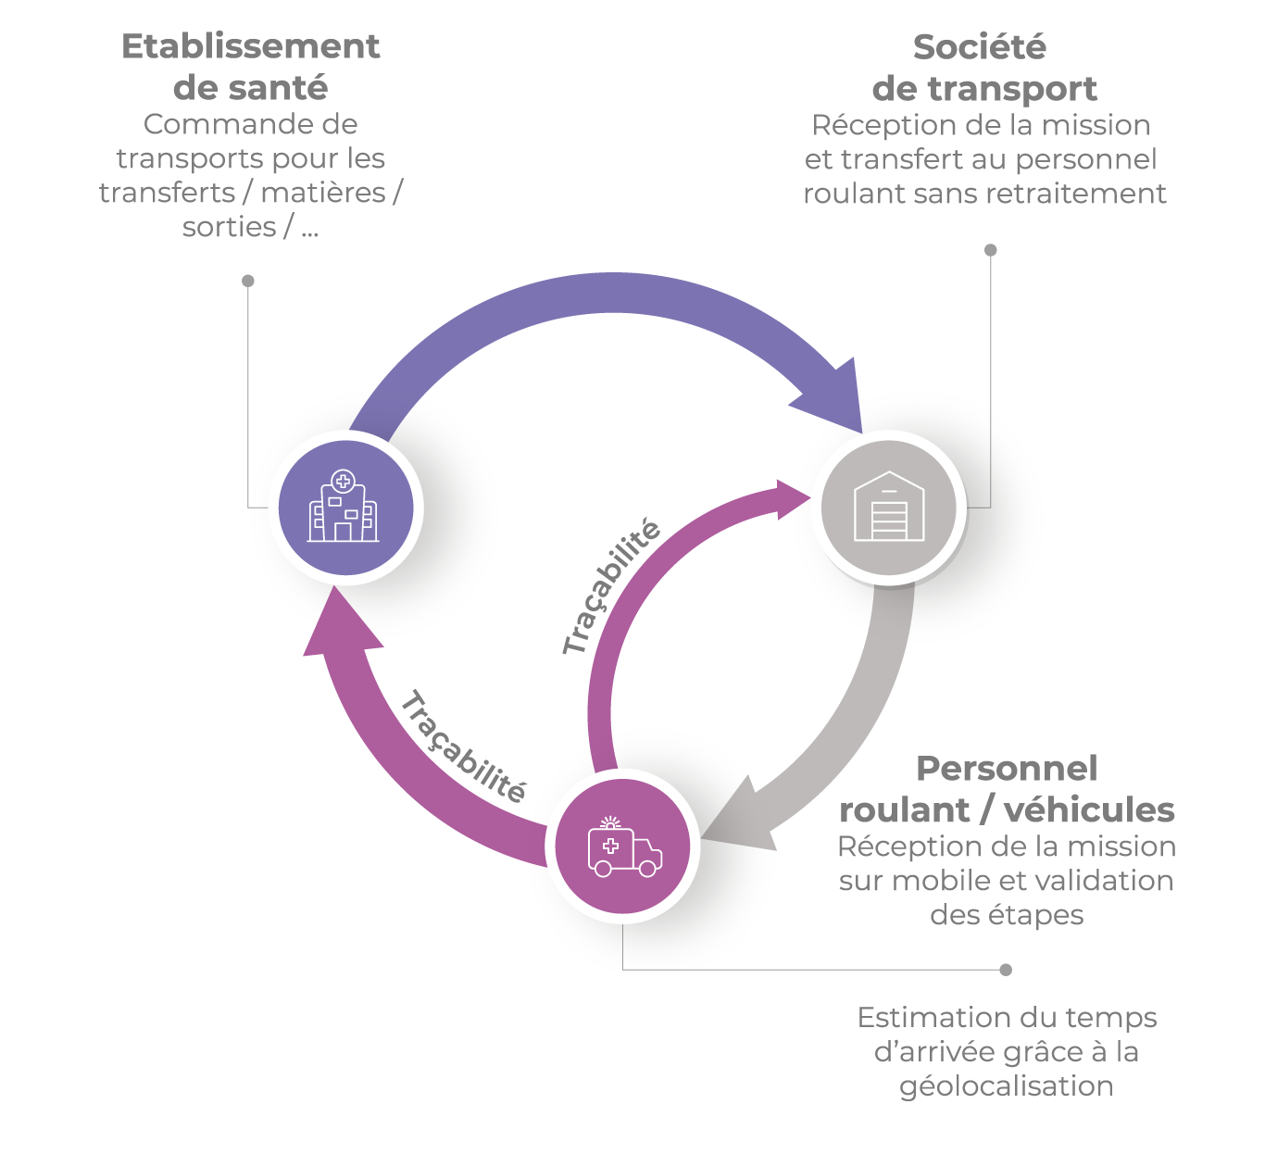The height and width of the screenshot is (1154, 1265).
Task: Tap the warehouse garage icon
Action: pos(888,508)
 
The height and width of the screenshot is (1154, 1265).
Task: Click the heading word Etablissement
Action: pos(251,46)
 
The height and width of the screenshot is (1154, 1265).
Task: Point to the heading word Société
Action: pos(980,46)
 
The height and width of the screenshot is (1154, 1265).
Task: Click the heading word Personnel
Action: pos(1007,769)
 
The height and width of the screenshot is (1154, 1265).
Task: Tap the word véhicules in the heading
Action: pos(1089,809)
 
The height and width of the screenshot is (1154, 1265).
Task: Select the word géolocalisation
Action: pos(1007,1085)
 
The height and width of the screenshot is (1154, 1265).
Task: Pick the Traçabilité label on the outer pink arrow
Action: pos(463,746)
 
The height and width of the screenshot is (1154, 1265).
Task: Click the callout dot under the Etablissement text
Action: pos(248,281)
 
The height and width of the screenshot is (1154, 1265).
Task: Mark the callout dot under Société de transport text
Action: pos(990,250)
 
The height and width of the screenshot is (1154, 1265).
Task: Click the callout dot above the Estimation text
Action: pos(1006,970)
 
